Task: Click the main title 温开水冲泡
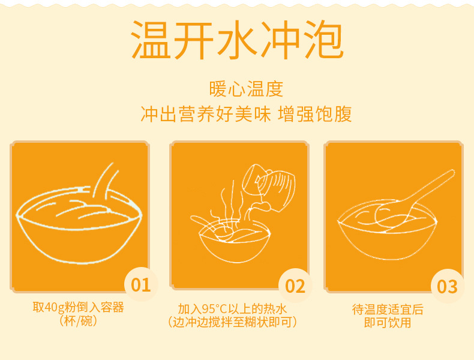[x=238, y=40]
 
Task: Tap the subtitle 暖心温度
[x=246, y=89]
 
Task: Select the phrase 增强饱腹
[x=314, y=114]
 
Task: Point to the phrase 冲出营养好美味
[x=206, y=114]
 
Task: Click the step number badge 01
[x=141, y=284]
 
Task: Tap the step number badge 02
[x=295, y=286]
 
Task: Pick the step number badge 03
[x=448, y=286]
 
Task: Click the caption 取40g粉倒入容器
[x=78, y=307]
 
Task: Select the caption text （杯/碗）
[x=78, y=321]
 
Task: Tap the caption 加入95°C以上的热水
[x=232, y=309]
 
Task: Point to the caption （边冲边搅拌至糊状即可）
[x=232, y=322]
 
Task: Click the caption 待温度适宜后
[x=388, y=310]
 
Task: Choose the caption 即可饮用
[x=388, y=323]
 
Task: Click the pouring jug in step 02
[x=269, y=187]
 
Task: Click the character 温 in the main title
[x=150, y=40]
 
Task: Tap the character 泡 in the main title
[x=324, y=40]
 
